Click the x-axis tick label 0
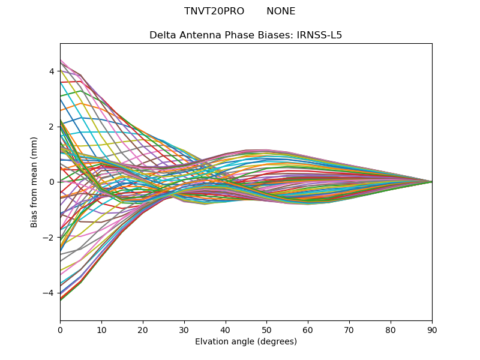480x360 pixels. click(60, 329)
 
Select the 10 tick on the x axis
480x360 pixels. click(101, 329)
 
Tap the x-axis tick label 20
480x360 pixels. click(143, 329)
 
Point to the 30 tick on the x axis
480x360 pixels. click(184, 329)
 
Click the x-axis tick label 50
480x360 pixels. click(266, 329)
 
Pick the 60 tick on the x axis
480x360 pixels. click(308, 329)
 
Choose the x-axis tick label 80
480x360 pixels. click(391, 329)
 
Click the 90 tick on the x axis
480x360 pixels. click(432, 329)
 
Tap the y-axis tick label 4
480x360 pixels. click(52, 71)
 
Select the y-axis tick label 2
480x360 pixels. click(52, 127)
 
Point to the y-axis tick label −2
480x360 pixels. click(49, 238)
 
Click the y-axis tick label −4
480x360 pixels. click(49, 293)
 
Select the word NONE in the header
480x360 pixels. click(281, 11)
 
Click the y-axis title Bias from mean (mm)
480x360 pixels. click(35, 182)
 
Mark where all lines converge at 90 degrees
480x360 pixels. click(431, 182)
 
